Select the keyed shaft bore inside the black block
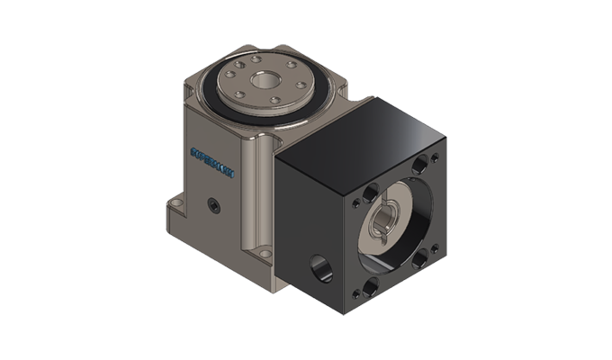386,221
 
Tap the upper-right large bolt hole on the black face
422,166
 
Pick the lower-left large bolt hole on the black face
371,285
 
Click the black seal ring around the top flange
216,99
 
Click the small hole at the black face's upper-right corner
433,152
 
